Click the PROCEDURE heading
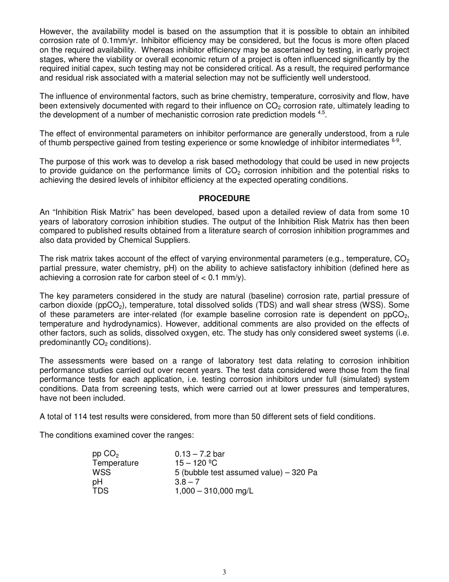[x=224, y=198]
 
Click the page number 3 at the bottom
[x=224, y=572]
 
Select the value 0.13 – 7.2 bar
[x=199, y=454]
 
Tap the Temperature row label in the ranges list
[x=115, y=463]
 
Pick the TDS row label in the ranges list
[x=100, y=491]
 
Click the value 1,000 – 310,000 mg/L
[x=214, y=491]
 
